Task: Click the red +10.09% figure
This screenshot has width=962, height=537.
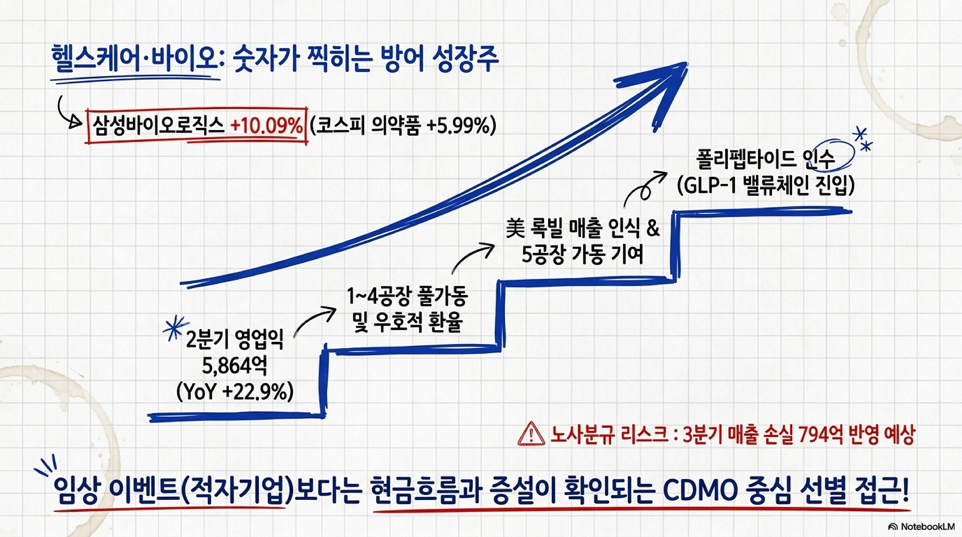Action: (x=267, y=125)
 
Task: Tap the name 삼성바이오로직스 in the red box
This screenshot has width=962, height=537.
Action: (x=158, y=125)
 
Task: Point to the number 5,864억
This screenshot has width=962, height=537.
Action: (x=234, y=366)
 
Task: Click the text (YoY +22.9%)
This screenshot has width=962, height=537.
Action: (x=235, y=391)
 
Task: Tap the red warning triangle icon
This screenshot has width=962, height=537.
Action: (x=531, y=433)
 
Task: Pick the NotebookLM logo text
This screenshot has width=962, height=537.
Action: (x=921, y=526)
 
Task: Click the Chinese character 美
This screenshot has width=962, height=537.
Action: (x=515, y=228)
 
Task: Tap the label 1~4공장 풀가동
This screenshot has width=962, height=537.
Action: (x=407, y=296)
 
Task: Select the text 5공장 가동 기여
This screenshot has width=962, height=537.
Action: (x=582, y=254)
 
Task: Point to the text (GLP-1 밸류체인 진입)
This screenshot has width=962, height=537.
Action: (x=766, y=185)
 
